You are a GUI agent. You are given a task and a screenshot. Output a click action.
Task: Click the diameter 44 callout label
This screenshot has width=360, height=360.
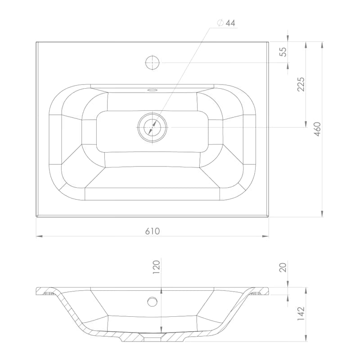(226, 23)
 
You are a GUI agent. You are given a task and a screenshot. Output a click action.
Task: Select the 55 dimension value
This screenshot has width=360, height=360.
(283, 52)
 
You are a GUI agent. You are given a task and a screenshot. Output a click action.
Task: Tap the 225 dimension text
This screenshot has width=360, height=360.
(301, 84)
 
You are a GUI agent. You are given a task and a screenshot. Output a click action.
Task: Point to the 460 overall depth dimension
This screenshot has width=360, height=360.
(317, 129)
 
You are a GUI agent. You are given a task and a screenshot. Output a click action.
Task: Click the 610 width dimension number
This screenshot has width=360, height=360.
(153, 231)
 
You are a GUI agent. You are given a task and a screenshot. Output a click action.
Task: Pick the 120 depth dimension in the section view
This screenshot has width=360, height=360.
(156, 267)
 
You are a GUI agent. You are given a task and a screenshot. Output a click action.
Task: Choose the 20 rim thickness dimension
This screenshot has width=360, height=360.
(283, 267)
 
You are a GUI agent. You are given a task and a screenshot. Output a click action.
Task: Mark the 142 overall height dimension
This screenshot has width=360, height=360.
(301, 314)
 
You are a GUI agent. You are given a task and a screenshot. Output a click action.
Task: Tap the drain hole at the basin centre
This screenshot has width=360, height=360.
(153, 127)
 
